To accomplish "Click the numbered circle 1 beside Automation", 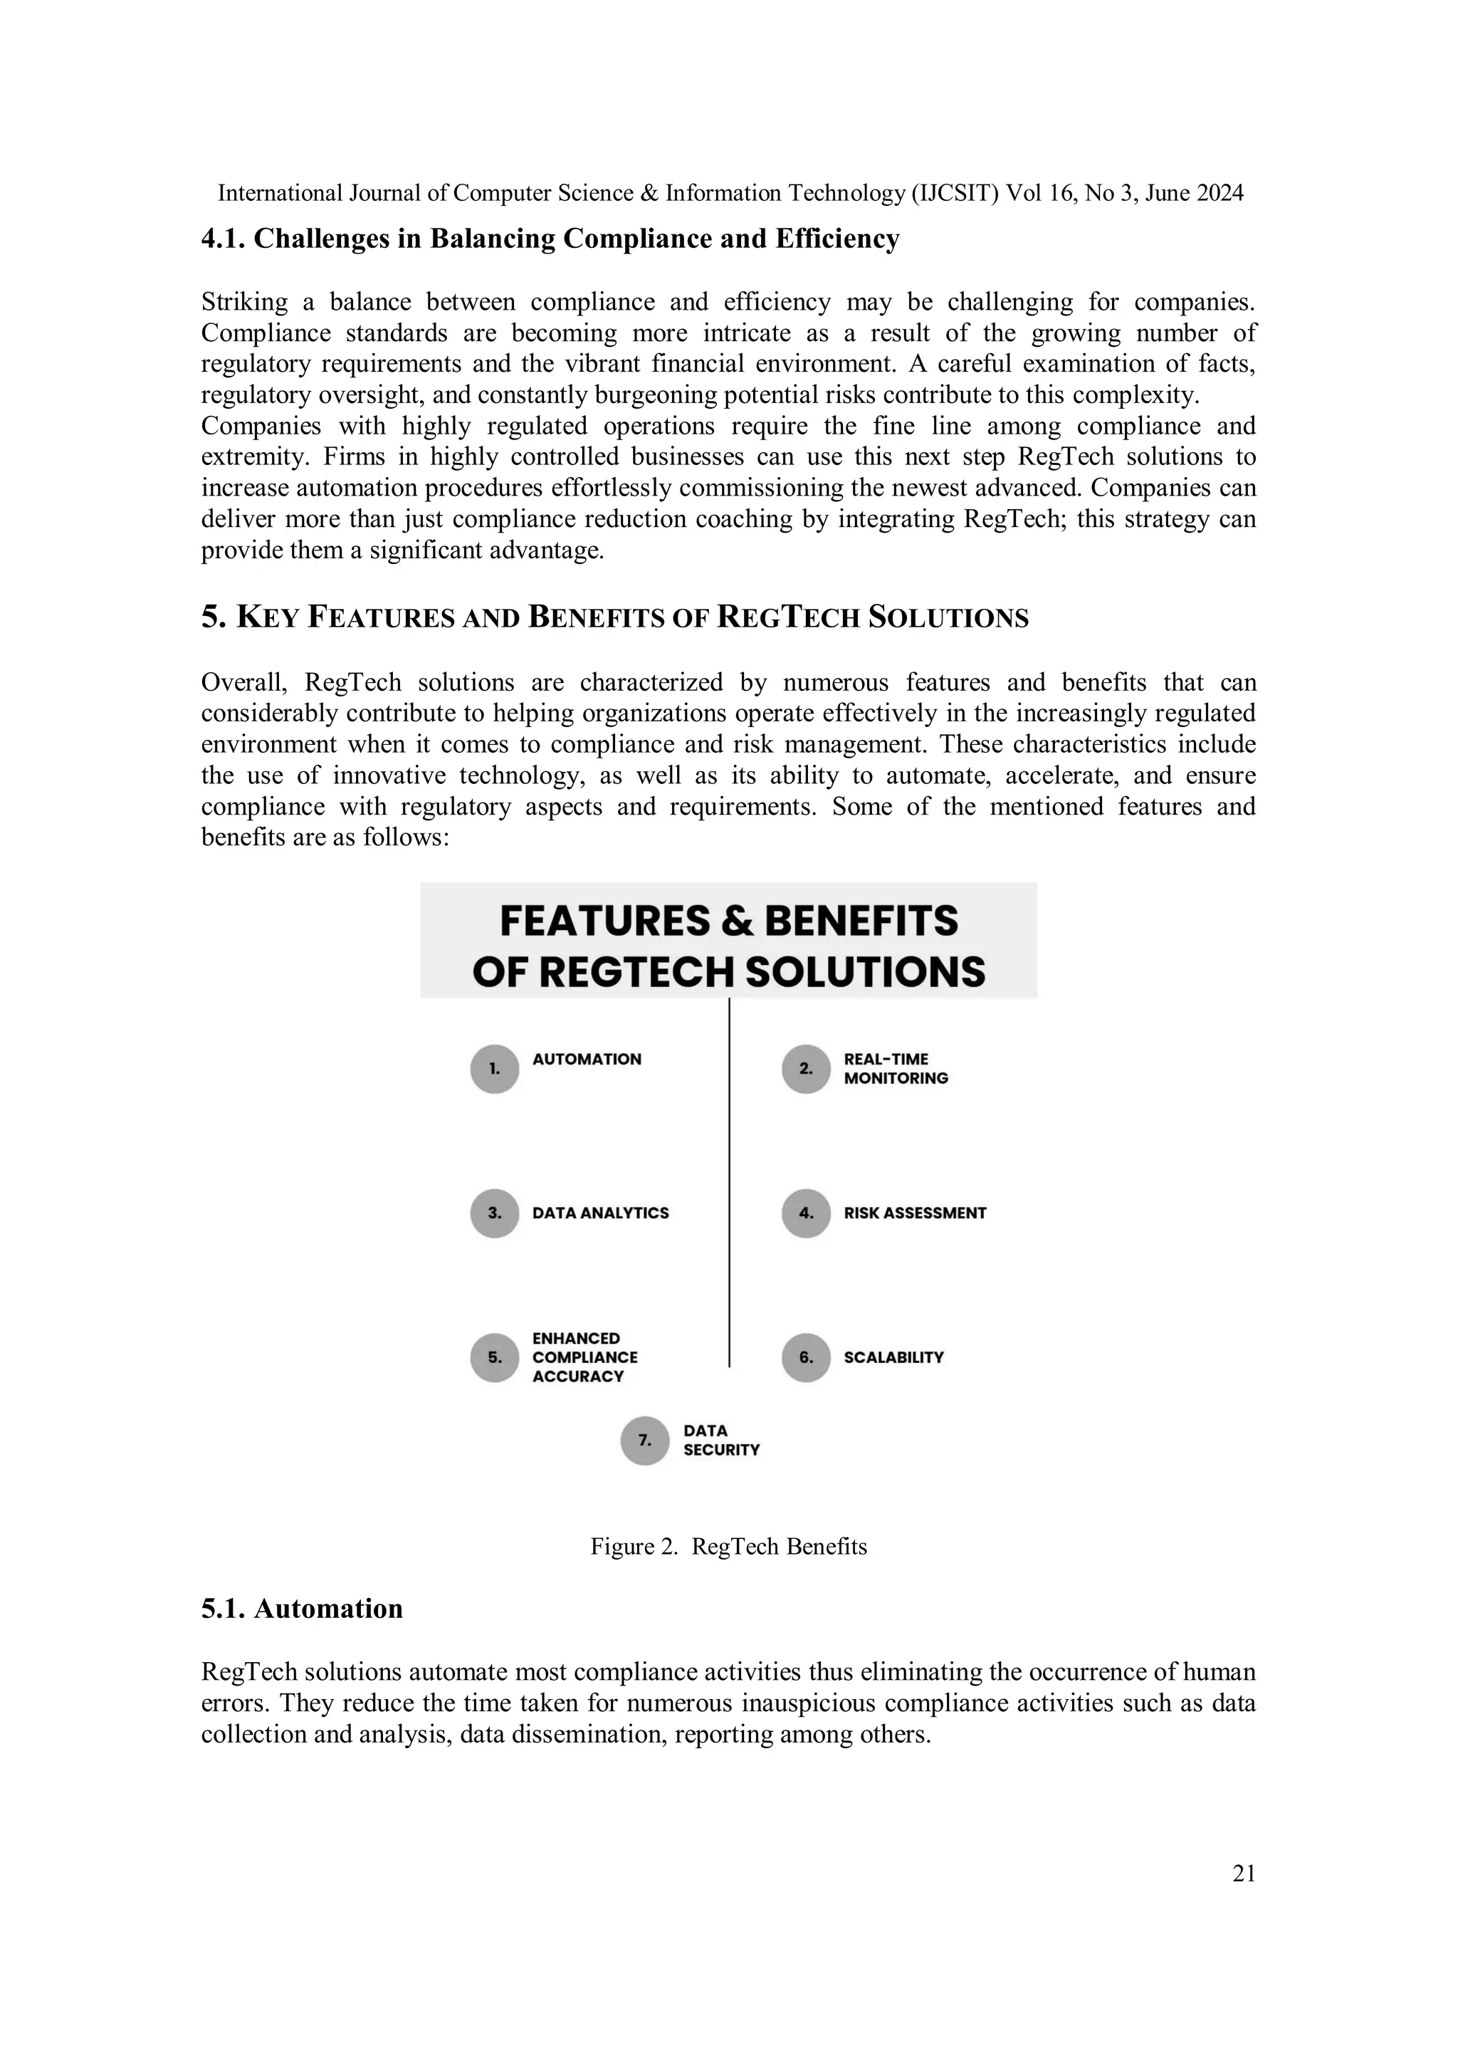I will point(494,1068).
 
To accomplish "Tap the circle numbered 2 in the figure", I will point(806,1068).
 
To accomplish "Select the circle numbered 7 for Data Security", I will point(645,1441).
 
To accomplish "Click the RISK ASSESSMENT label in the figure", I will point(915,1213).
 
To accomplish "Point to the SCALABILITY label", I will point(893,1358).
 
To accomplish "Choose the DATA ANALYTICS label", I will point(600,1213).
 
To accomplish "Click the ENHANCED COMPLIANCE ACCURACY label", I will point(584,1358).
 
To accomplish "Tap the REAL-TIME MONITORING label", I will point(896,1068).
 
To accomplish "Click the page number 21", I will point(1243,1874).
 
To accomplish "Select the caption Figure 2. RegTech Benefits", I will point(728,1546).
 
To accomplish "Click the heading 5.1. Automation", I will point(302,1609).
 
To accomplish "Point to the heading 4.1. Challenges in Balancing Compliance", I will point(550,239).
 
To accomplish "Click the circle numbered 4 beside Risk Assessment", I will point(806,1213).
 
